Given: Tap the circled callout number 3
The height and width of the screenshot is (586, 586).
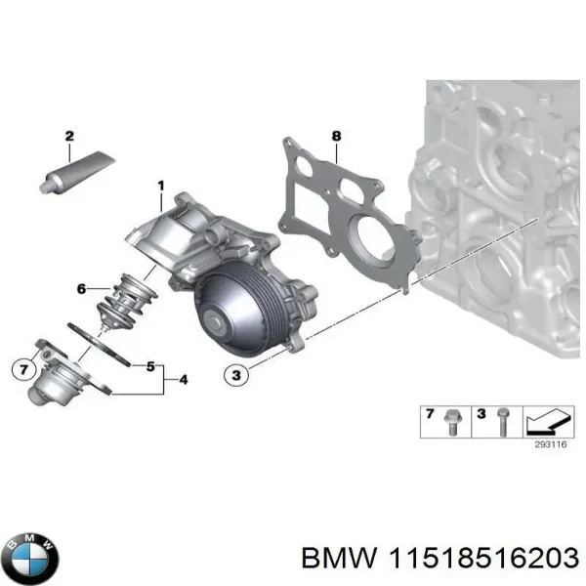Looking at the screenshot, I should tap(234, 373).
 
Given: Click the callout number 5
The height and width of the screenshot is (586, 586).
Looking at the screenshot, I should tap(150, 366).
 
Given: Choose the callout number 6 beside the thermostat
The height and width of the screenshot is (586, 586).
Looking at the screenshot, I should tap(82, 288).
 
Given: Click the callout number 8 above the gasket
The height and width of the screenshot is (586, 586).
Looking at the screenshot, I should tap(336, 136).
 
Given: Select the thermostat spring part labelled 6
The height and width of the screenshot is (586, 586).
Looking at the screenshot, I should tap(126, 299).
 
